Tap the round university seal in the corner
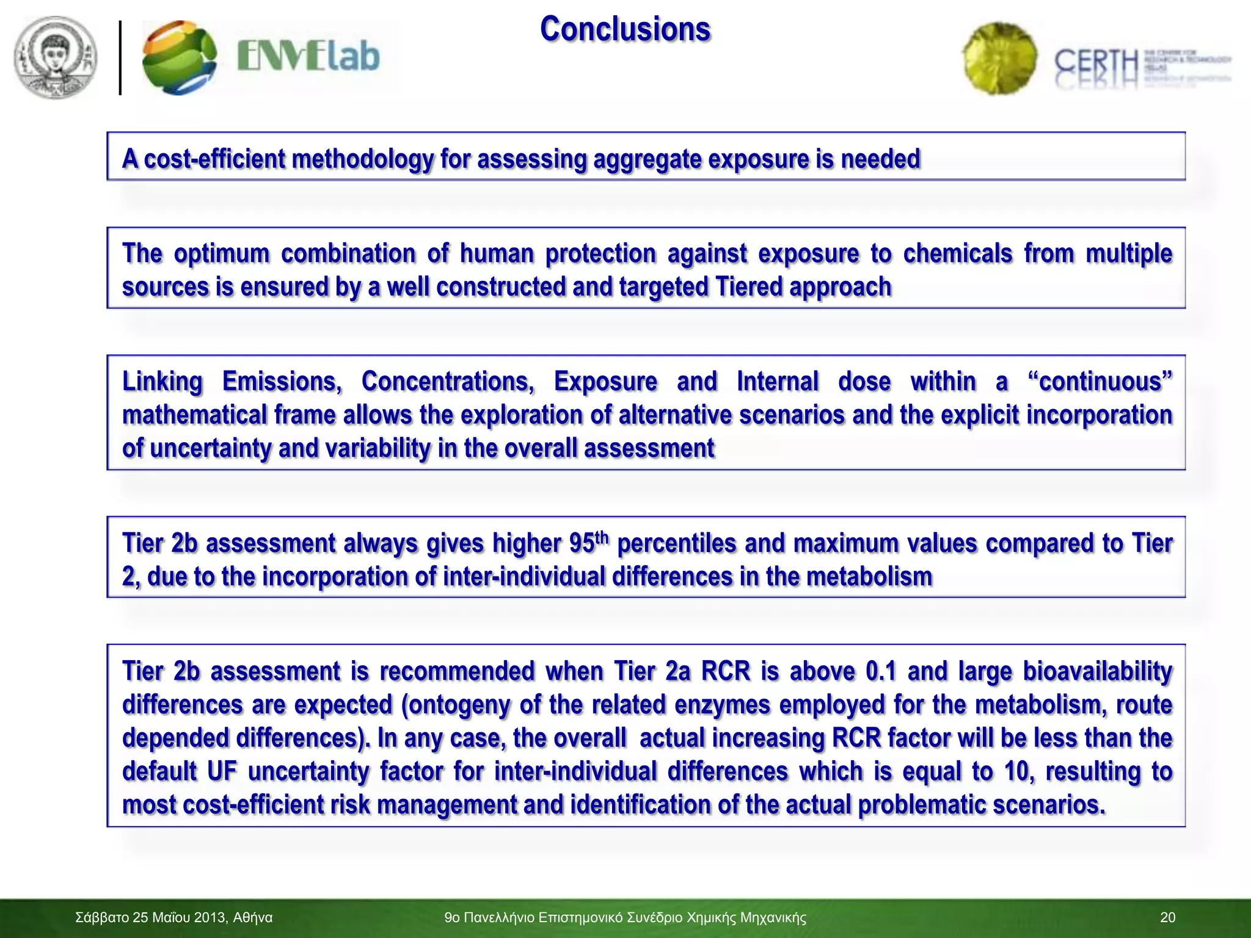(56, 58)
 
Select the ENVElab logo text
(308, 57)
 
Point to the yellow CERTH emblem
(999, 59)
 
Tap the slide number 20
(1167, 918)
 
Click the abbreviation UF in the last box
(222, 771)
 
